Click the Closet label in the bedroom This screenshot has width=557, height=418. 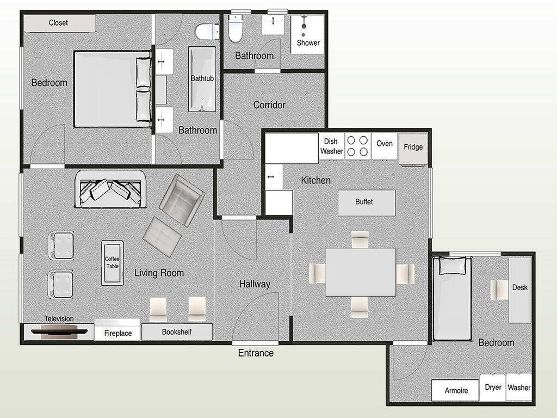(x=58, y=23)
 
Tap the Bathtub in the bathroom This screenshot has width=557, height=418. (x=202, y=79)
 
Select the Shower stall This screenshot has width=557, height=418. (x=307, y=34)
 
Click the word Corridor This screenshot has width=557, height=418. (x=269, y=105)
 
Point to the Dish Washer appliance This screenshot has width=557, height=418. (x=331, y=146)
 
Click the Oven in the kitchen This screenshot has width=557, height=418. (x=384, y=146)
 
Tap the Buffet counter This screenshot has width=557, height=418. (x=367, y=202)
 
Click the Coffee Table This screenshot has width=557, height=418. (x=112, y=263)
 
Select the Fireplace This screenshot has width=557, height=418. (x=117, y=330)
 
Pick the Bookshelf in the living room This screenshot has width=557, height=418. (x=177, y=331)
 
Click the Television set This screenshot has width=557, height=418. (x=59, y=332)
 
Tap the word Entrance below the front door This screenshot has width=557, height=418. (x=256, y=353)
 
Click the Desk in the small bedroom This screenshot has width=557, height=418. (x=519, y=290)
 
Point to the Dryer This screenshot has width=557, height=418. (x=493, y=388)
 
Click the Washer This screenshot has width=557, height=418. (x=518, y=388)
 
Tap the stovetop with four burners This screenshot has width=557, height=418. (x=358, y=146)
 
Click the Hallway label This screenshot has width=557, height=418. (x=255, y=284)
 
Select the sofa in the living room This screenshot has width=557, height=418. (x=110, y=189)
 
